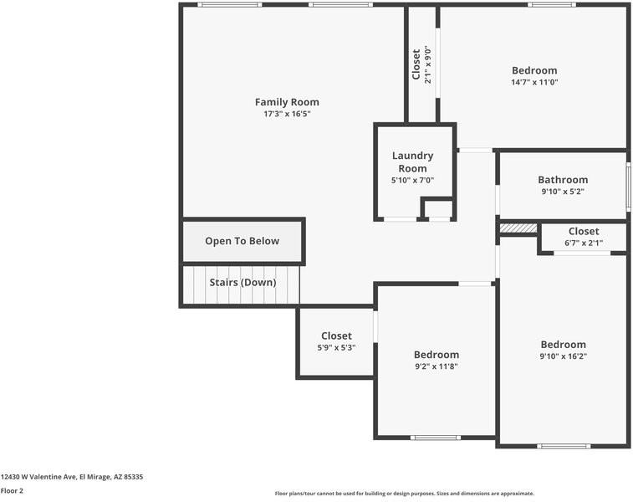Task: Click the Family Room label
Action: point(287,102)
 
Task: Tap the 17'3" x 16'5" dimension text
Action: point(287,114)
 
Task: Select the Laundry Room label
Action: point(412,161)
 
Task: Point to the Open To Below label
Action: point(242,241)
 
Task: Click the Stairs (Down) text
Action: point(242,283)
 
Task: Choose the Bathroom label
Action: point(562,180)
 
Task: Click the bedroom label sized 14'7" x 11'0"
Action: point(533,71)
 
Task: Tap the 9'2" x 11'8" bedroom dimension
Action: point(436,366)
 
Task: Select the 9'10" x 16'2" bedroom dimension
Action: point(563,356)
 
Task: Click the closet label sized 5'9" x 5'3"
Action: point(336,336)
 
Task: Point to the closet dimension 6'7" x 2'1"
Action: point(583,243)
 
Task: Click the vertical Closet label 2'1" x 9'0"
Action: point(416,64)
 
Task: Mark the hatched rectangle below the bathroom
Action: point(518,228)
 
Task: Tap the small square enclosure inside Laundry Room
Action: point(437,209)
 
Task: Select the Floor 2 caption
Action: point(12,491)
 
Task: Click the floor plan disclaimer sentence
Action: point(404,494)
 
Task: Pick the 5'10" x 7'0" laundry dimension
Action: point(412,180)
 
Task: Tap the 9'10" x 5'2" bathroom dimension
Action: point(562,192)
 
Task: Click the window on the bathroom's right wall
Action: point(628,186)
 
